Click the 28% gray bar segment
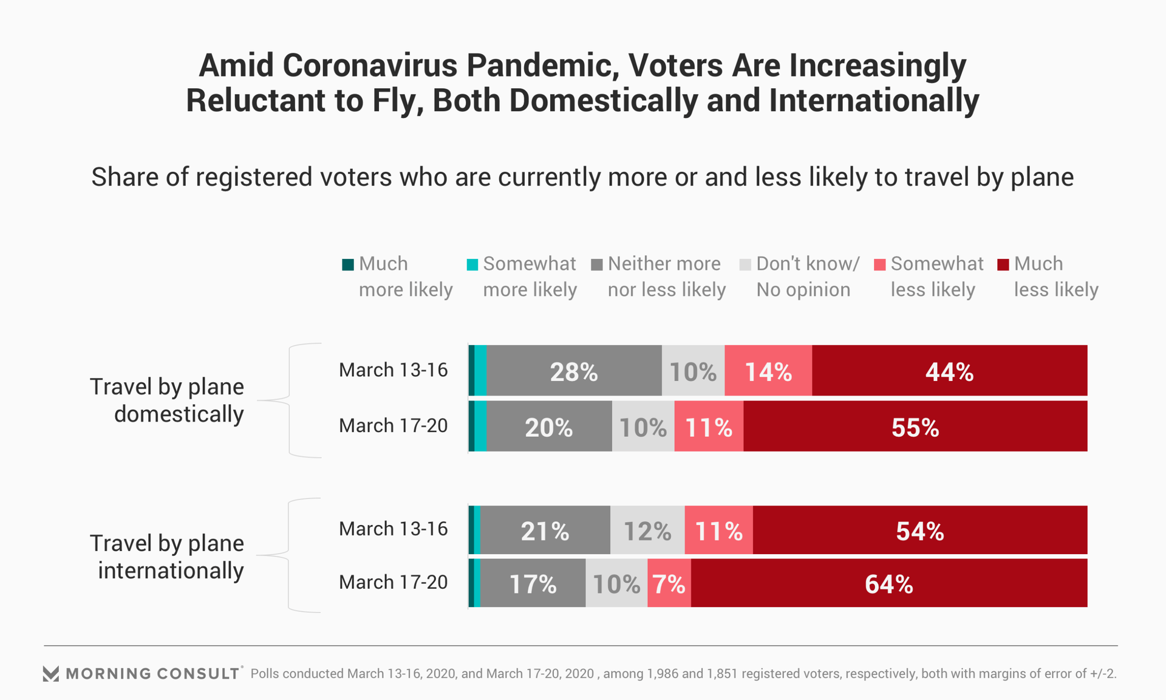click(x=574, y=371)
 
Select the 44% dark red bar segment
click(x=949, y=371)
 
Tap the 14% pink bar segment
click(x=768, y=371)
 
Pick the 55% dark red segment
click(x=915, y=427)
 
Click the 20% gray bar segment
click(x=549, y=427)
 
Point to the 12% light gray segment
click(x=647, y=530)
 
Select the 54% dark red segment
click(x=920, y=530)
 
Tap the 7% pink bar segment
click(x=669, y=583)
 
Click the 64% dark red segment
click(x=889, y=583)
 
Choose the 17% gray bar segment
click(x=533, y=583)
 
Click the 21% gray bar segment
click(x=545, y=530)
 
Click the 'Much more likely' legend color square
click(x=348, y=264)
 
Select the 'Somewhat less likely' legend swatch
click(x=879, y=264)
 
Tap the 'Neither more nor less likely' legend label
click(x=666, y=276)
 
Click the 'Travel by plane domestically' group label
click(x=167, y=400)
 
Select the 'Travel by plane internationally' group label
click(x=167, y=557)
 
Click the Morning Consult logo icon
click(x=51, y=673)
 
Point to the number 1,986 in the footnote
click(x=663, y=673)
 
